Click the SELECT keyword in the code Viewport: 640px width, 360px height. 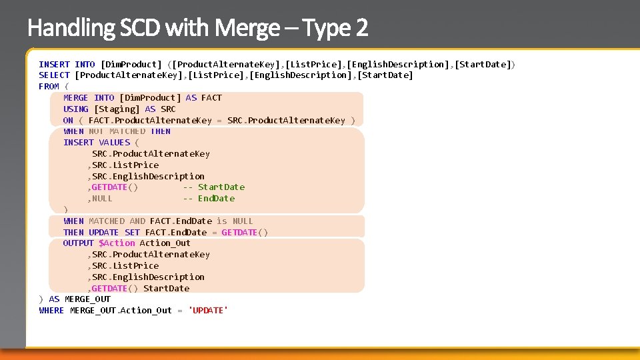(x=54, y=75)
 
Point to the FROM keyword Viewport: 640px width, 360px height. (x=49, y=86)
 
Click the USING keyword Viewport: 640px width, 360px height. (x=75, y=109)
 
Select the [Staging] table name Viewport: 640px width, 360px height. (x=117, y=109)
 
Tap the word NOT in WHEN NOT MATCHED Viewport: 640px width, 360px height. (x=96, y=131)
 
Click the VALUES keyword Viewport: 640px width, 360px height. (x=114, y=142)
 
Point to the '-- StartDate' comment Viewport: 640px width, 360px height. (x=213, y=187)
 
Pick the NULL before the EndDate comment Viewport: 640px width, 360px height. (x=102, y=198)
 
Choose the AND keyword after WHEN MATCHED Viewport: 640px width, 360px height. (x=137, y=221)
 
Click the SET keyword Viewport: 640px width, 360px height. (x=132, y=232)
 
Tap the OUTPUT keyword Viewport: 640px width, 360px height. (x=78, y=243)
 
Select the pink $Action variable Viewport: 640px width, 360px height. (x=117, y=243)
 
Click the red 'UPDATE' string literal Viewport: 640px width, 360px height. (x=208, y=310)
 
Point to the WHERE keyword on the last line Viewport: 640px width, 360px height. (x=51, y=310)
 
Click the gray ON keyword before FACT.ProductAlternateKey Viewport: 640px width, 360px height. (x=68, y=120)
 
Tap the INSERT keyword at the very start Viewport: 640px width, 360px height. (x=54, y=64)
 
